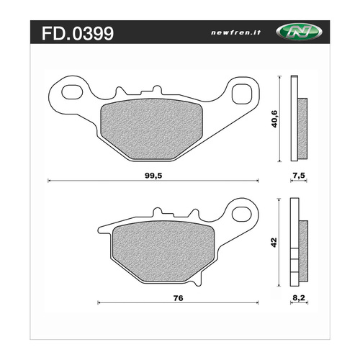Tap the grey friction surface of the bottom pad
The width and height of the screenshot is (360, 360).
(x=155, y=249)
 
